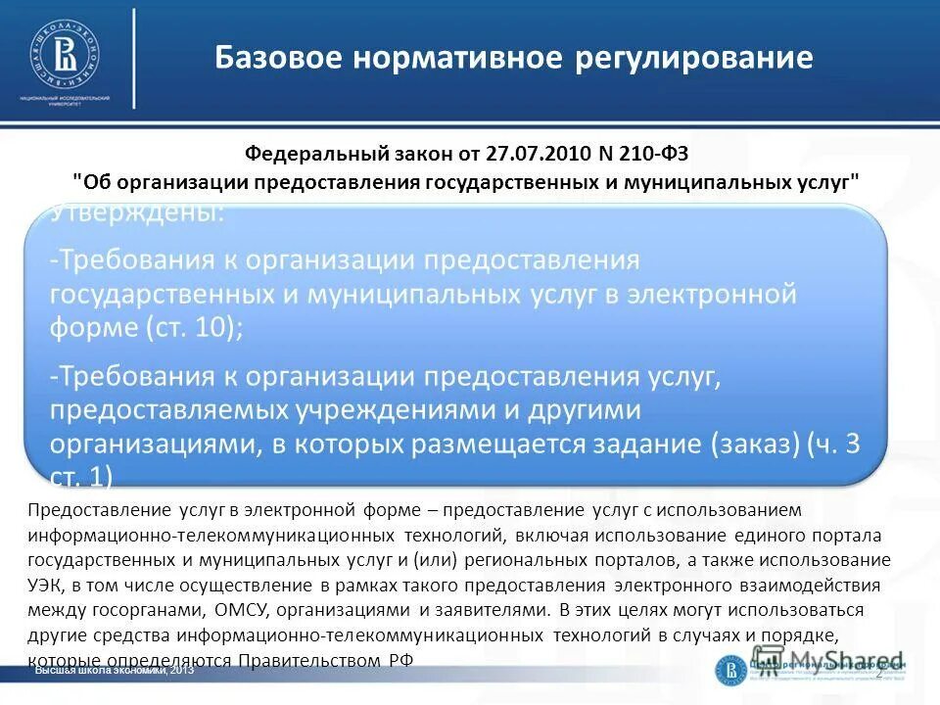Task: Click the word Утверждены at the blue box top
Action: click(136, 213)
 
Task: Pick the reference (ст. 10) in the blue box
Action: click(191, 327)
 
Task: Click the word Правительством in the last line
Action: click(308, 661)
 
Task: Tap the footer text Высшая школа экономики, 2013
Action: click(115, 671)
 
